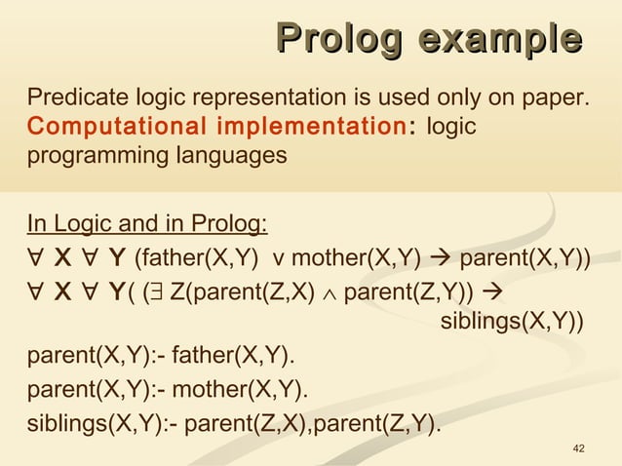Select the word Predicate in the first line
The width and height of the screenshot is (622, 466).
point(69,98)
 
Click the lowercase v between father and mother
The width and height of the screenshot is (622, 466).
point(279,258)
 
